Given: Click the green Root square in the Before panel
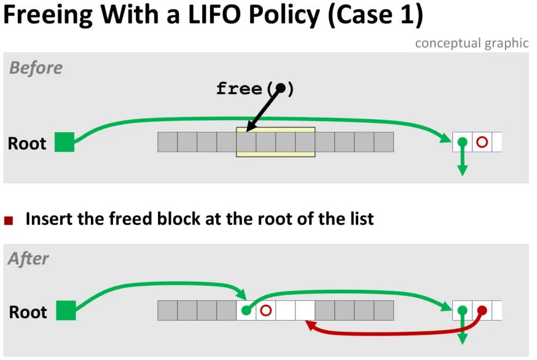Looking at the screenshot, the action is click(x=65, y=142).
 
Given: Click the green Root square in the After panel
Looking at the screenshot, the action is click(x=66, y=310).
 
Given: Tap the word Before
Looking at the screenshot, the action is click(x=36, y=68).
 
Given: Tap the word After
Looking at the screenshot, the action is click(x=28, y=259).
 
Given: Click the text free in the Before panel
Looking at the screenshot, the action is click(x=239, y=88).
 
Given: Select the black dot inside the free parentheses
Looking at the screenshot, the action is click(x=281, y=88).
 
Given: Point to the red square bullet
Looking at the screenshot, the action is click(x=9, y=221).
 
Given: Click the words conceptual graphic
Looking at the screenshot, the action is click(x=472, y=44).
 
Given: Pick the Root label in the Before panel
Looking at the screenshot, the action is click(x=27, y=143).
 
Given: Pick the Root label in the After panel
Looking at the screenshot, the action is click(x=28, y=312).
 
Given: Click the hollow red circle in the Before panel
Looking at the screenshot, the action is click(x=482, y=142).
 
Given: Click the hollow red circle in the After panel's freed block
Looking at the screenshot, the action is click(x=266, y=310).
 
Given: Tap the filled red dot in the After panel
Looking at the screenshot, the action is click(x=482, y=310).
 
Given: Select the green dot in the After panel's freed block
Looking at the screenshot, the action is click(x=246, y=310).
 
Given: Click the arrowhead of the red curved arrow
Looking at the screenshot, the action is click(x=310, y=324).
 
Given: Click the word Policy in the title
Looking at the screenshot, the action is click(x=284, y=15).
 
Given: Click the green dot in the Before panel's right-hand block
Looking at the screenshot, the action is click(x=462, y=141).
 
